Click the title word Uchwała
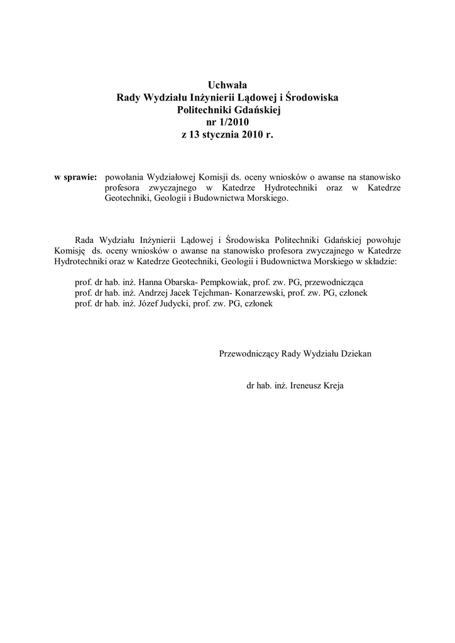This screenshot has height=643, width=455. [227, 85]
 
